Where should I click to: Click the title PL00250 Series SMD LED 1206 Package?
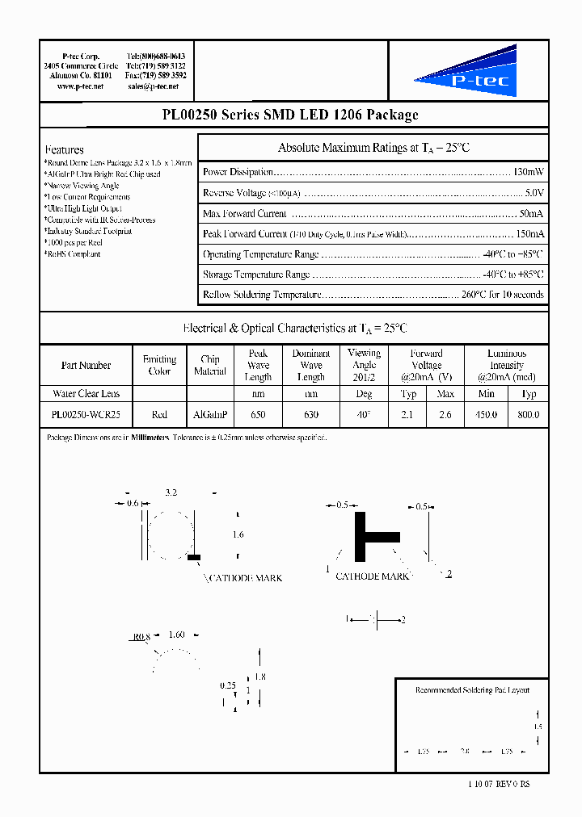290,115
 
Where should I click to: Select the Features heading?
65,149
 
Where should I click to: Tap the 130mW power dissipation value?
529,172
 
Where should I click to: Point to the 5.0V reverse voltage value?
534,193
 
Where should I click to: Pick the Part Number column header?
86,366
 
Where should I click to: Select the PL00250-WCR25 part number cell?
86,414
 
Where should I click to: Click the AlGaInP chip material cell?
210,414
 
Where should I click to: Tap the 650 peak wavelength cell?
258,414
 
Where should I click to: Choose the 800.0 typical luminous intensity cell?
528,414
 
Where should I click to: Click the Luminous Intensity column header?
507,366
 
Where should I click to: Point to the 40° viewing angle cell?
364,414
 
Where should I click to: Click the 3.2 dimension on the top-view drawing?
171,492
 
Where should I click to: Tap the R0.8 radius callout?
141,636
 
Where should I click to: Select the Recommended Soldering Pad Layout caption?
472,689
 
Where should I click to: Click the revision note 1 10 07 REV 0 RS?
499,784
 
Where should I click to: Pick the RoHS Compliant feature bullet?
74,254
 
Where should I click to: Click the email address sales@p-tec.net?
152,86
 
